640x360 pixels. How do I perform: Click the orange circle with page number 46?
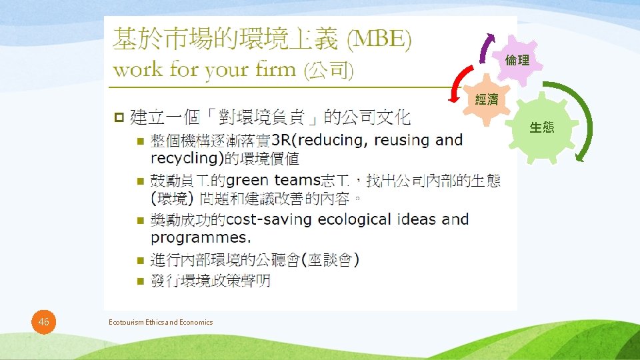44,323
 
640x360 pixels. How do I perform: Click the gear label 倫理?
517,61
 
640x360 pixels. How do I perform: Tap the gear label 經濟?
487,100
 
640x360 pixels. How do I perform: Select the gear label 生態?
542,127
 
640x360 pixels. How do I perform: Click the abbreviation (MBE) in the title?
379,41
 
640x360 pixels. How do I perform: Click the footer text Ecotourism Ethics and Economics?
161,323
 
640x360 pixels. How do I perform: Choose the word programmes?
201,237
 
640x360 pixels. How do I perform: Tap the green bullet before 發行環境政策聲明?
139,281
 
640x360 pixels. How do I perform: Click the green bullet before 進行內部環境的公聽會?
139,260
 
